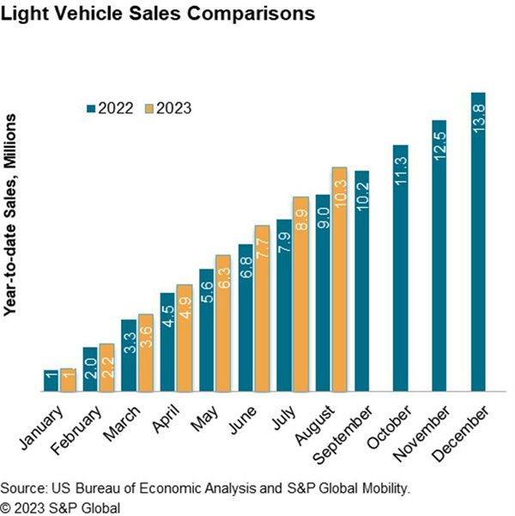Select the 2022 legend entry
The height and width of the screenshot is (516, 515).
click(111, 108)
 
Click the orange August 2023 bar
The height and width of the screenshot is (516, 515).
click(338, 280)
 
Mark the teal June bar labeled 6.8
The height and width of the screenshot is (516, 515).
click(245, 319)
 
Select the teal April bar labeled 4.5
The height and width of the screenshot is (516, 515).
click(167, 343)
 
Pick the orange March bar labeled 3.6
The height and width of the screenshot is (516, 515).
click(144, 353)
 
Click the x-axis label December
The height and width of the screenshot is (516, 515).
click(463, 425)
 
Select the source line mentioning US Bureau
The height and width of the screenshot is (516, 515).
click(206, 488)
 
